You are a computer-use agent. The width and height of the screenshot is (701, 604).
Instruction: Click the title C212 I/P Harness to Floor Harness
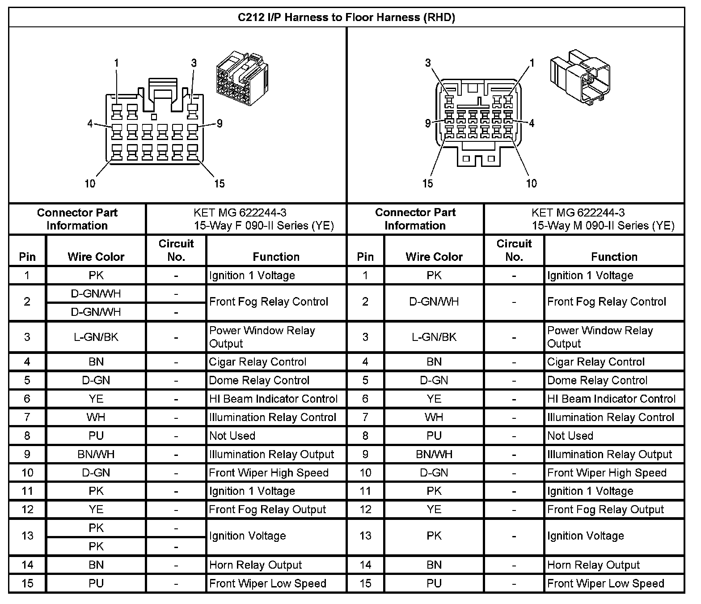[x=346, y=17]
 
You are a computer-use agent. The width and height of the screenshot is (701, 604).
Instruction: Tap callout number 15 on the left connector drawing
[x=219, y=183]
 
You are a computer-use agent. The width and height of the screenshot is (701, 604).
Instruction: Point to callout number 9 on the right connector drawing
[x=428, y=123]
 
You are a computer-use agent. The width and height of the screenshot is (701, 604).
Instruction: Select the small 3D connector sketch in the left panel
[x=241, y=79]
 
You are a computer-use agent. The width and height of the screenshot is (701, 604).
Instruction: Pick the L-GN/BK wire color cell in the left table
[x=96, y=337]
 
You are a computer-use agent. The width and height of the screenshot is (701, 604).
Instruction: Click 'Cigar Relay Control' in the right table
[x=595, y=362]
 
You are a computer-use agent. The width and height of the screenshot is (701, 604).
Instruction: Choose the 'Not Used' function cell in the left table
[x=232, y=435]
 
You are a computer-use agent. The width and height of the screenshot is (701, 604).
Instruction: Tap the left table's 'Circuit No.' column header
[x=176, y=250]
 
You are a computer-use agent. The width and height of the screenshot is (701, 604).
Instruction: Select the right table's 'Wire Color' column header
[x=434, y=257]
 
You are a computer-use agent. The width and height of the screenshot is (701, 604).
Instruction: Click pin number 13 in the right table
[x=365, y=536]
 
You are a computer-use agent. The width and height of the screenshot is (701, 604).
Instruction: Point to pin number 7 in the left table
[x=27, y=417]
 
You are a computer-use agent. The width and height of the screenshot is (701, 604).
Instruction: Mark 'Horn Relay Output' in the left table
[x=255, y=565]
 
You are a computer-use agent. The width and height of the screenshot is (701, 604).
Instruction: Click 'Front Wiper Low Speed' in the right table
[x=605, y=583]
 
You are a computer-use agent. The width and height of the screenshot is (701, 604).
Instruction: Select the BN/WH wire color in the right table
[x=434, y=454]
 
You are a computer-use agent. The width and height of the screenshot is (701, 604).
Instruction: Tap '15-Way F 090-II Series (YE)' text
[x=264, y=225]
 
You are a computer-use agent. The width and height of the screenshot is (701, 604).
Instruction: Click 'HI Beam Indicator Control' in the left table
[x=273, y=399]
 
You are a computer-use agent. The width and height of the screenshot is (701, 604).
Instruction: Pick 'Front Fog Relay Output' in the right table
[x=605, y=509]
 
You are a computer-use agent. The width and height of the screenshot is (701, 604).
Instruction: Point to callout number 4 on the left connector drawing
[x=90, y=123]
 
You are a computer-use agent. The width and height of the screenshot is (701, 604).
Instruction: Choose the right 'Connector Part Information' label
[x=415, y=219]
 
